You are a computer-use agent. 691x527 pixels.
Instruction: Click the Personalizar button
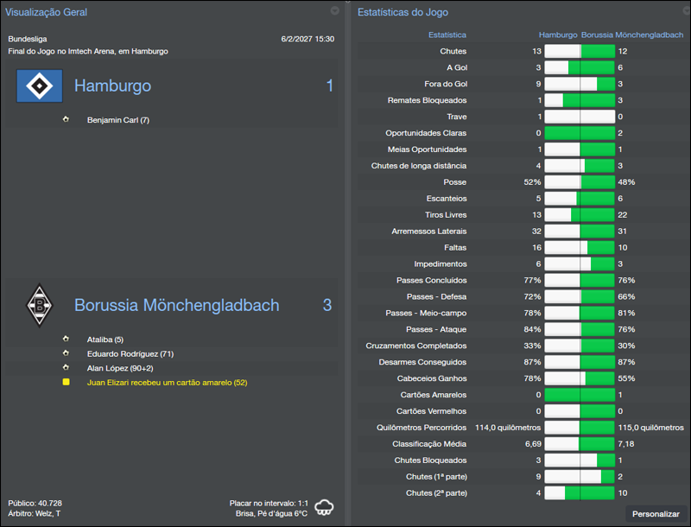click(656, 514)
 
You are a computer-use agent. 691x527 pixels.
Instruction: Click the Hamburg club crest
click(40, 86)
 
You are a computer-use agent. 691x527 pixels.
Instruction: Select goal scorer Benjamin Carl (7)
click(118, 120)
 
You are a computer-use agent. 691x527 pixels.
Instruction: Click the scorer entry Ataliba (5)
click(105, 340)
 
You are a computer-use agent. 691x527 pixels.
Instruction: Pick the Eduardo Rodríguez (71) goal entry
click(130, 353)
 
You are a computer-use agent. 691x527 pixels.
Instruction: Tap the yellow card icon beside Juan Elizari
click(67, 381)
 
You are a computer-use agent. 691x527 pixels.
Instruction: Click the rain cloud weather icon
click(326, 507)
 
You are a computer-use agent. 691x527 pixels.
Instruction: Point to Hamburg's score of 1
click(329, 86)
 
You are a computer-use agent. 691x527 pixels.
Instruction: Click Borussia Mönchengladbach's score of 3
click(327, 305)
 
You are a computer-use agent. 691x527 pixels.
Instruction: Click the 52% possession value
click(532, 182)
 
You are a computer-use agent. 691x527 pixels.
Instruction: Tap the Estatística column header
click(447, 35)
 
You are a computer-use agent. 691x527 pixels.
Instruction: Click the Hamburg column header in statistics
click(558, 35)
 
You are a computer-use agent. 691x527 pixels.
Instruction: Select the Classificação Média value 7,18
click(625, 444)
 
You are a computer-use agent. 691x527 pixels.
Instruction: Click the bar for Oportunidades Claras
click(580, 133)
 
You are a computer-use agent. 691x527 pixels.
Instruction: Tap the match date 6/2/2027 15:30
click(307, 39)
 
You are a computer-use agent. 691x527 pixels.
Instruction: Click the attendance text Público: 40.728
click(35, 503)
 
